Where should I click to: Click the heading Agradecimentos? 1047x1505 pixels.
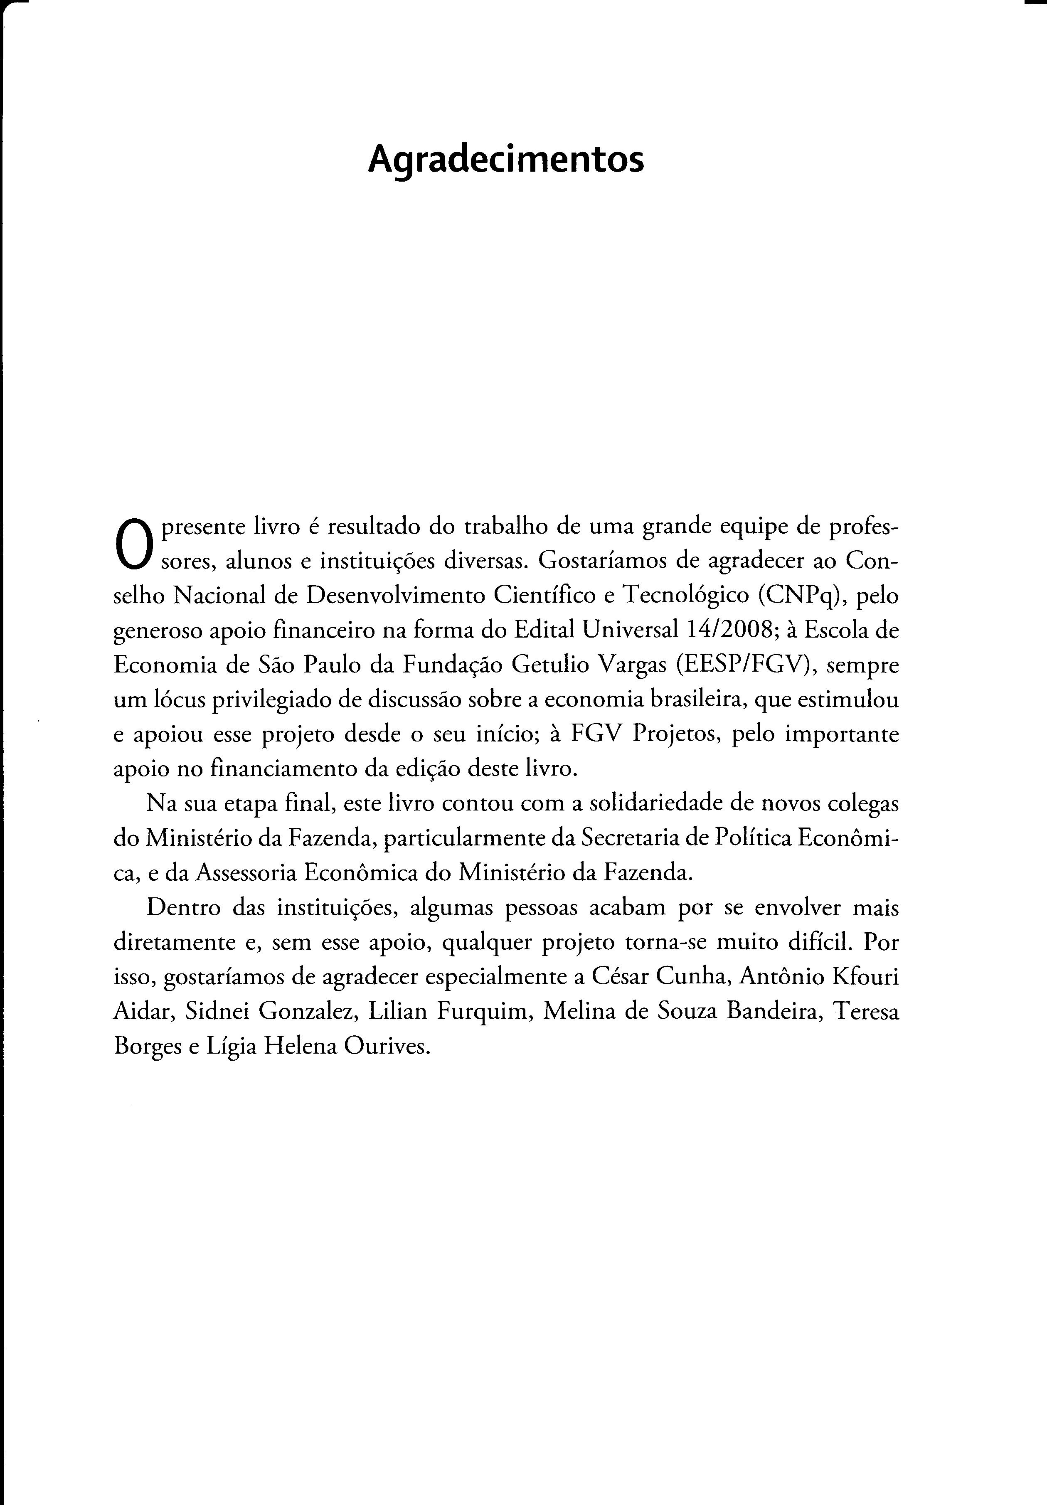point(505,160)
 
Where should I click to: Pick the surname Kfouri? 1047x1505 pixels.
point(865,977)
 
